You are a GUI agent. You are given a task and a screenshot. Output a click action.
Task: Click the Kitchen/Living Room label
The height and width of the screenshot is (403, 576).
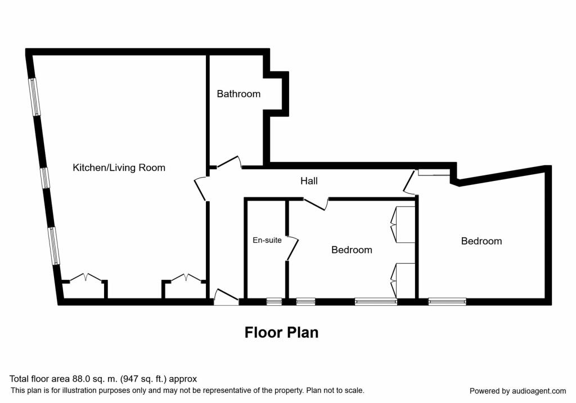click(119, 167)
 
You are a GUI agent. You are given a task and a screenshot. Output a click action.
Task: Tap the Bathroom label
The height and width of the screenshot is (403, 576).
click(238, 94)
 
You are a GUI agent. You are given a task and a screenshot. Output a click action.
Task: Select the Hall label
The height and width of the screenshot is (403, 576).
click(309, 181)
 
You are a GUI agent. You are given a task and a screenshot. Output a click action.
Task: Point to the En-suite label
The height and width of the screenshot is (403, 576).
click(267, 240)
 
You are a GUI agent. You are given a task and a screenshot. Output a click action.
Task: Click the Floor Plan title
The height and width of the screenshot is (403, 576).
click(281, 332)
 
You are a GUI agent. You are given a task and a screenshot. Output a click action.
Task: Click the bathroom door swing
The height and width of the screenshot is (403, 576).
click(229, 162)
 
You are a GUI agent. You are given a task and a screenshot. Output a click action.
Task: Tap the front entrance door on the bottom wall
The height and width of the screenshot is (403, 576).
click(227, 296)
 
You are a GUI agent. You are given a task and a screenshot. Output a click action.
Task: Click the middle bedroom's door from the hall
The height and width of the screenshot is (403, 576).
click(316, 203)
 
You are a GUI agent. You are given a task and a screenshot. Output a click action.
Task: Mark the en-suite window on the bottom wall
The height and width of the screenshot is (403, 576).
click(274, 302)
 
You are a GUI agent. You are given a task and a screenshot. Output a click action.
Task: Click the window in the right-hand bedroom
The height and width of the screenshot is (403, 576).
click(447, 302)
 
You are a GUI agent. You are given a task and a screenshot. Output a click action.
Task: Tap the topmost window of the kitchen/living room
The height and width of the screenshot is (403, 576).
click(35, 97)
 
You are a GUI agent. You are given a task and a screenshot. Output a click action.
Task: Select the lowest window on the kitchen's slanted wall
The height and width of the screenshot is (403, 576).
click(53, 246)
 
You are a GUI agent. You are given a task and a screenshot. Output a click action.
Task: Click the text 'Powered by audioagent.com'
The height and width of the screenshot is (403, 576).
click(517, 391)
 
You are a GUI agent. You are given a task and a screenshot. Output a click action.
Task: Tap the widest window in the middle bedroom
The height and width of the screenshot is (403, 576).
click(375, 302)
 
